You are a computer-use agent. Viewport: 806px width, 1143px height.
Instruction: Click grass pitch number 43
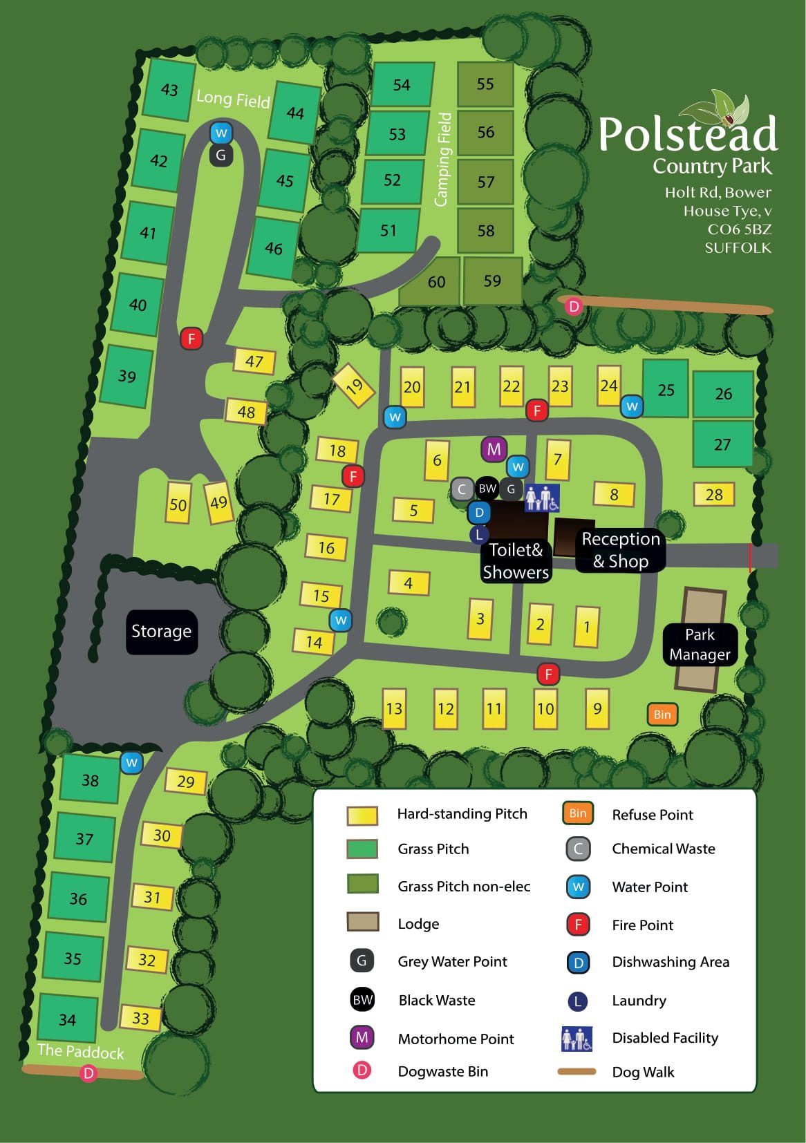(169, 90)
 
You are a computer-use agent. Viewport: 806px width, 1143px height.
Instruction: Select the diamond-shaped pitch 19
(353, 386)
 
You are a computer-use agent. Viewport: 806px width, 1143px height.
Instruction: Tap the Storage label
(161, 631)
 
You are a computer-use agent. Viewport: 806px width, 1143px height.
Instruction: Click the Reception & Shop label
(621, 550)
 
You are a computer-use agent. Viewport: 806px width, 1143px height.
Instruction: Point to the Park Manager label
(700, 644)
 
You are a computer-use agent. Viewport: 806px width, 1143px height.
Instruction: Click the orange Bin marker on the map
(662, 715)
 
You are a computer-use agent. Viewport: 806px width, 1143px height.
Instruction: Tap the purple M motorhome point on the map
(494, 450)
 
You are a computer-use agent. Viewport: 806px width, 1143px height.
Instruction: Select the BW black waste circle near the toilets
(487, 489)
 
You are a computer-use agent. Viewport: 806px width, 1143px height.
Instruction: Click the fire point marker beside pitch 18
(353, 476)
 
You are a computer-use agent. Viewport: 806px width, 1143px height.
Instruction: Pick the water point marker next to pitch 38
(131, 763)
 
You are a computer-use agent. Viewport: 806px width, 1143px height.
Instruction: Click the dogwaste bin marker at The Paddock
(88, 1073)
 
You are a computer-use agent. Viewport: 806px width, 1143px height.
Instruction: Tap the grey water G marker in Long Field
(221, 155)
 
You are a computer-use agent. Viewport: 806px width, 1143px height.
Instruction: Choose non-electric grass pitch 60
(435, 281)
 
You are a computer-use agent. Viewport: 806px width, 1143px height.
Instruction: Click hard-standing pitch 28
(714, 494)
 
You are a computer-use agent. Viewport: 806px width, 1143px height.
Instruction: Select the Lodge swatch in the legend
(362, 922)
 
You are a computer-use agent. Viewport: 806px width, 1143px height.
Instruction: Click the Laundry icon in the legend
(577, 1001)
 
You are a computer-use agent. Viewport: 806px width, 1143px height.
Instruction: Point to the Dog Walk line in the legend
(577, 1072)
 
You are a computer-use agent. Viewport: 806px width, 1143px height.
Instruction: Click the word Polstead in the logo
(687, 134)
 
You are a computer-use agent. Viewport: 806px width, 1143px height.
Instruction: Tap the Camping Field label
(442, 159)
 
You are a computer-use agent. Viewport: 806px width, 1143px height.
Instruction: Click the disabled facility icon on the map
(541, 498)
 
